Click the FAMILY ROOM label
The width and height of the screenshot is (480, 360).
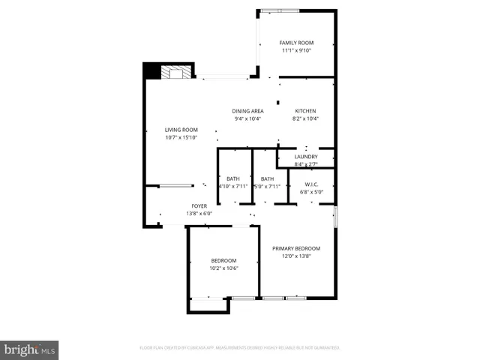click(x=296, y=43)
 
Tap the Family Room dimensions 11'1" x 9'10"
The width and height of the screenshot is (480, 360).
click(x=296, y=51)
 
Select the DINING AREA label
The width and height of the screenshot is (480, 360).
click(x=247, y=111)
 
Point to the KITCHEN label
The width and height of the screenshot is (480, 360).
click(x=305, y=111)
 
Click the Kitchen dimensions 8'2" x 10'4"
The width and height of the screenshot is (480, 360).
click(x=305, y=118)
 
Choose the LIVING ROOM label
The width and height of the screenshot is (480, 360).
click(x=181, y=130)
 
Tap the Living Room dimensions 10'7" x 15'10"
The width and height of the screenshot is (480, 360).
click(x=181, y=137)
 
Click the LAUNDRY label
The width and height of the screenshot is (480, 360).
click(x=306, y=156)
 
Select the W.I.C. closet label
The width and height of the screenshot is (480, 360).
click(x=312, y=184)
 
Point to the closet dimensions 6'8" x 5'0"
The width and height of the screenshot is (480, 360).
click(x=312, y=191)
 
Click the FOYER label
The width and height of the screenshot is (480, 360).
click(x=199, y=205)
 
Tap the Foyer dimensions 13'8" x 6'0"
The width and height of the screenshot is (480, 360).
click(x=199, y=213)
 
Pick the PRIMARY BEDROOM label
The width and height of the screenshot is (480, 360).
click(x=296, y=248)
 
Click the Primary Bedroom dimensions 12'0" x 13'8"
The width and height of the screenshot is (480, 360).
click(x=296, y=256)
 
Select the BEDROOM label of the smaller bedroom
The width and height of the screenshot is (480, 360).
click(x=223, y=260)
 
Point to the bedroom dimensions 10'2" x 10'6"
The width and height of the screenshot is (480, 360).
click(x=223, y=268)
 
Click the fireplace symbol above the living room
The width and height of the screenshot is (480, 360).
click(x=178, y=72)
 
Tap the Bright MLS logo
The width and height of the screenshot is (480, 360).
click(x=30, y=349)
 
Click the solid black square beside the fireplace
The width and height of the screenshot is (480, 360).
click(x=152, y=71)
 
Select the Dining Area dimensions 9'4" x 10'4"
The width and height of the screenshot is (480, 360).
click(x=247, y=118)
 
